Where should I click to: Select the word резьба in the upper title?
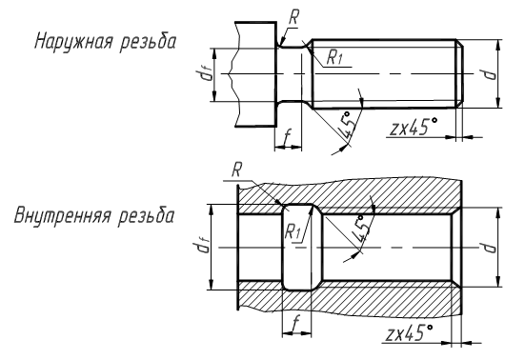click(148, 42)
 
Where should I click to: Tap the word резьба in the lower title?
click(146, 215)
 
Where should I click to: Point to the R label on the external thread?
click(293, 17)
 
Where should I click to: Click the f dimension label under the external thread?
click(287, 138)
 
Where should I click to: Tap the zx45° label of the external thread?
click(414, 127)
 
